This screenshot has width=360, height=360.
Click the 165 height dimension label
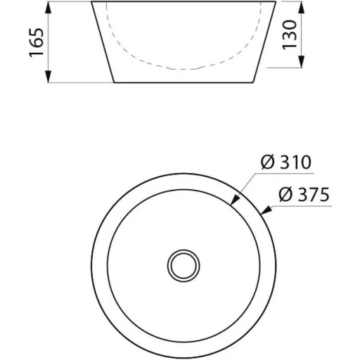point(37,42)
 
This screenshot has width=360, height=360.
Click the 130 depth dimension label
point(290,34)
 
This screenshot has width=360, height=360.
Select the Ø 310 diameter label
point(286,162)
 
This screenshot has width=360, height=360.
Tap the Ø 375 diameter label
point(304,194)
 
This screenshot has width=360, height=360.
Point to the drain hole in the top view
point(184,266)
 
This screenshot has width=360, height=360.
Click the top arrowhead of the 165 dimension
point(48,8)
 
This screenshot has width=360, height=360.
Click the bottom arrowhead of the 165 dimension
point(48,76)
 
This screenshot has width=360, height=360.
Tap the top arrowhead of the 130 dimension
point(302,8)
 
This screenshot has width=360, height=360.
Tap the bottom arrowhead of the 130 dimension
point(302,61)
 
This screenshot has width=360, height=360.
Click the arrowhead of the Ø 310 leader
point(235,200)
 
